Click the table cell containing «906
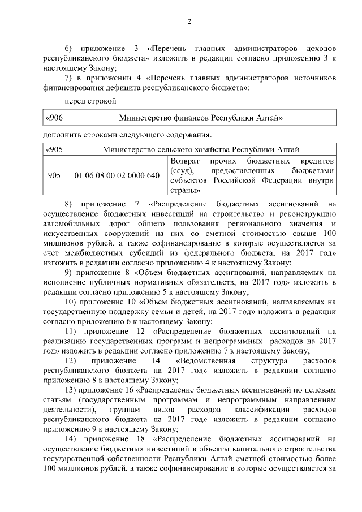click(x=54, y=117)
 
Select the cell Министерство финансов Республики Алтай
click(x=201, y=117)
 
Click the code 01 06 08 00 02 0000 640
click(x=117, y=176)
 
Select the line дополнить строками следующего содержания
click(x=127, y=135)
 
